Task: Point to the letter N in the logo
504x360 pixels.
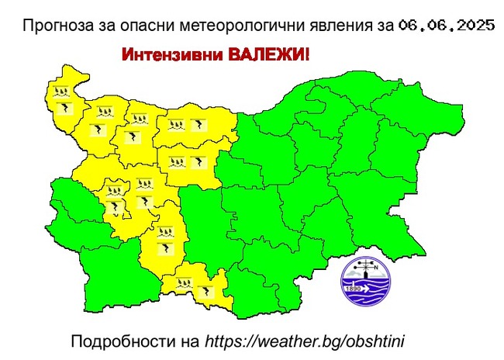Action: pyautogui.click(x=378, y=270)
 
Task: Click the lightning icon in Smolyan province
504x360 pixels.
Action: pyautogui.click(x=205, y=292)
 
